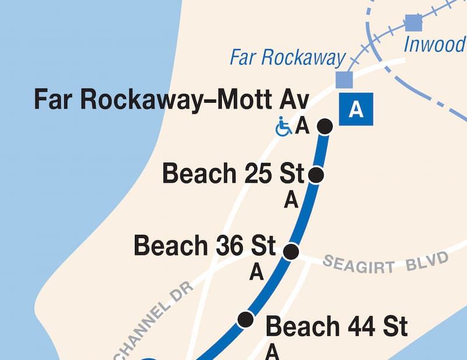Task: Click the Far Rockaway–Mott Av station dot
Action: [325, 125]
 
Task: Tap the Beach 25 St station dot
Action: [316, 174]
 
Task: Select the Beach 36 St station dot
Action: [291, 251]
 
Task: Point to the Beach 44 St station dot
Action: [246, 319]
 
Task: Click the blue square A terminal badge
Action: [356, 110]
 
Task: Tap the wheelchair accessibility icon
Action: [284, 127]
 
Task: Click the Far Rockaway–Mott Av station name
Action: [172, 99]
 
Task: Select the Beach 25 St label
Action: [233, 174]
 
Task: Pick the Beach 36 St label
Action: [205, 246]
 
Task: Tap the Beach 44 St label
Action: [337, 327]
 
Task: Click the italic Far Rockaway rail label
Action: [287, 58]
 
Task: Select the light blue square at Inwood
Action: [413, 23]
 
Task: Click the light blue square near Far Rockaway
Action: [344, 79]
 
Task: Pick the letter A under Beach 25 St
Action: [291, 201]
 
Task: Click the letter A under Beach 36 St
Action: [256, 272]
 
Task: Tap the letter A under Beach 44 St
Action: [272, 352]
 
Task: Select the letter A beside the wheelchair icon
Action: [302, 126]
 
